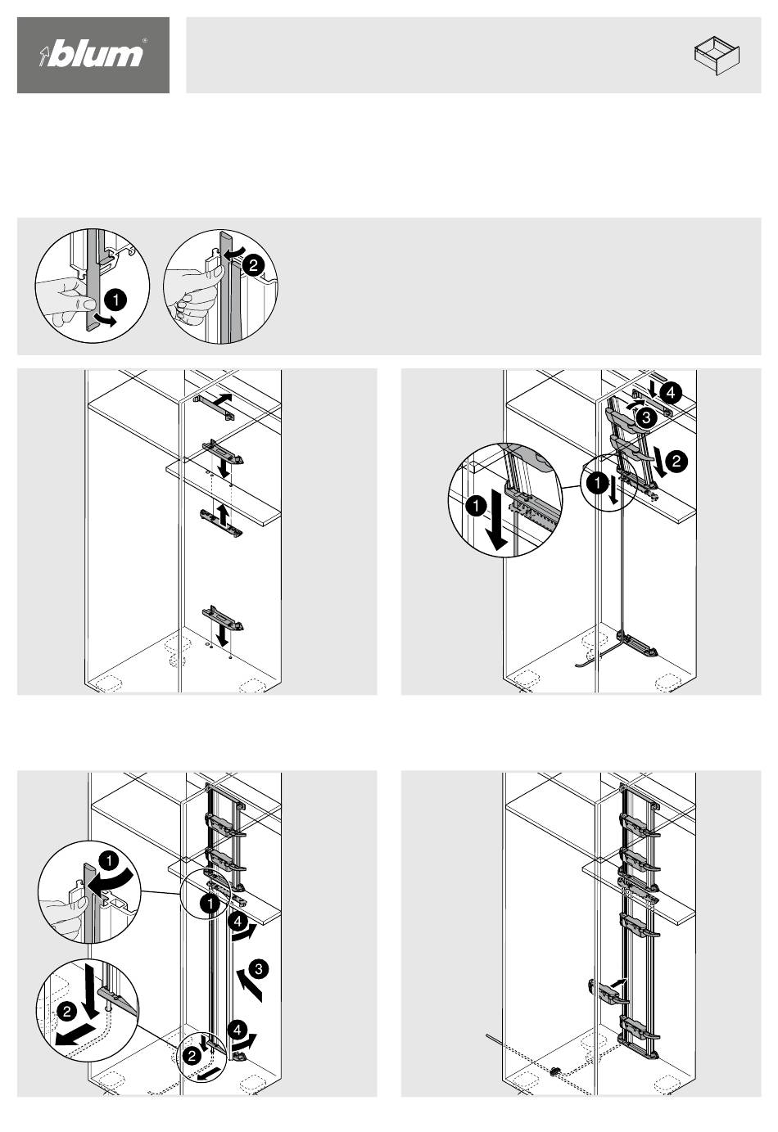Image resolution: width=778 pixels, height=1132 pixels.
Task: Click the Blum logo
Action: (93, 54)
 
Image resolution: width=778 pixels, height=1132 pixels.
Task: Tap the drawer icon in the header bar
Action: (717, 55)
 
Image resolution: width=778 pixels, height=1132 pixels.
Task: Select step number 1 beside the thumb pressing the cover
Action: (115, 300)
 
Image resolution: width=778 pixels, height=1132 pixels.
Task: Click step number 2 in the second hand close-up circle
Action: (253, 265)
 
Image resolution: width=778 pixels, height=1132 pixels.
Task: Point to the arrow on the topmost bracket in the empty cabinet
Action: (221, 399)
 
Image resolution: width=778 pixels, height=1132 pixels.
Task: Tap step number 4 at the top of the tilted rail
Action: (671, 393)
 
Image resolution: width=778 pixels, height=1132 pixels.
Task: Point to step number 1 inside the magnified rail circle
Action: (476, 505)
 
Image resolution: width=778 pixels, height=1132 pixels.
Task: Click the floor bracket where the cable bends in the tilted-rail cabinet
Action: (639, 645)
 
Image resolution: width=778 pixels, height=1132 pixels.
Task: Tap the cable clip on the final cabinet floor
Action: (555, 1070)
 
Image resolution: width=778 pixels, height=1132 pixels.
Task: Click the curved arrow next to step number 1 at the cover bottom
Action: (107, 319)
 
